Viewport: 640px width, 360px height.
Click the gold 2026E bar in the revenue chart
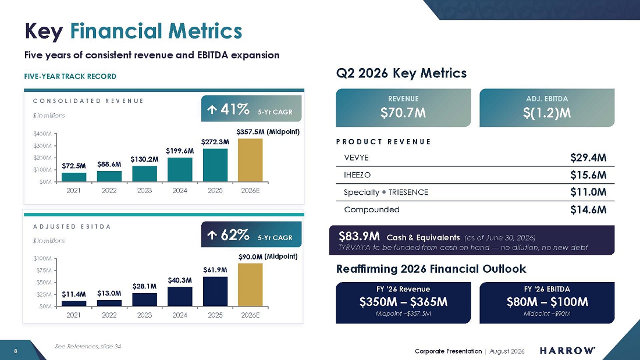coord(250,160)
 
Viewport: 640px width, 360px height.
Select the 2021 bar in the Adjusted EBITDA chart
coord(74,304)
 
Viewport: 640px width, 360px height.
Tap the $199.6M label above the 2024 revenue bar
coord(180,151)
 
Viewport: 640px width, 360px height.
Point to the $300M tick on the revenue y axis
coord(42,146)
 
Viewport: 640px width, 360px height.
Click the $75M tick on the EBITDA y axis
coord(44,270)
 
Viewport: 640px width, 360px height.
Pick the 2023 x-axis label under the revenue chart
coord(144,191)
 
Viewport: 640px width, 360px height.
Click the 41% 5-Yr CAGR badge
coord(251,109)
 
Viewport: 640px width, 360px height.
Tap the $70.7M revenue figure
coord(403,113)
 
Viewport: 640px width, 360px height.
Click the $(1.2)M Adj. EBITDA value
coord(547,113)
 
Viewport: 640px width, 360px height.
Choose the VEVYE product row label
coord(356,158)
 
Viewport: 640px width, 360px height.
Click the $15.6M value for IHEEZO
coord(588,175)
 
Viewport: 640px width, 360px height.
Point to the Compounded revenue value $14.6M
coord(588,210)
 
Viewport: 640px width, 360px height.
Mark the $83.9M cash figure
coord(359,236)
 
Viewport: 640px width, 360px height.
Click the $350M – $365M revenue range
coord(403,302)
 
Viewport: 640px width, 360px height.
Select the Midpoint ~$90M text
coord(547,313)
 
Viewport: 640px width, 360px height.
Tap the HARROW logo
coord(567,351)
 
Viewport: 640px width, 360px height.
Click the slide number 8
coord(16,351)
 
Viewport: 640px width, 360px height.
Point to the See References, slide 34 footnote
coord(88,347)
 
